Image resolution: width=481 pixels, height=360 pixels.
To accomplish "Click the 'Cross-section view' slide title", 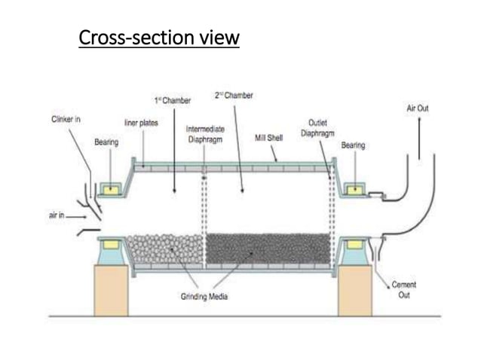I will (x=159, y=37).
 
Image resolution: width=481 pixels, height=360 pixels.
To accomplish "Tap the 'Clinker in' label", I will (x=66, y=120).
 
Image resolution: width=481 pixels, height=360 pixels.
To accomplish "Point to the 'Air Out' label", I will (x=417, y=108).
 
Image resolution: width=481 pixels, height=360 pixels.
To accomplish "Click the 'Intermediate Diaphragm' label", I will (x=204, y=134).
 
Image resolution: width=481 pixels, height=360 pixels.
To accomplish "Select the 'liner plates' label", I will (x=141, y=122).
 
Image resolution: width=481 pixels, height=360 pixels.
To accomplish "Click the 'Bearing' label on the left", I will (x=106, y=142).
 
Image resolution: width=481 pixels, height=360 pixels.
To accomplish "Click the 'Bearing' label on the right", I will (x=353, y=143).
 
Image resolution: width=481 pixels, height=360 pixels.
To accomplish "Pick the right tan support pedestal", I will (x=355, y=290).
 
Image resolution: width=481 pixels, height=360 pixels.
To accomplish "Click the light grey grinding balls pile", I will (x=164, y=249).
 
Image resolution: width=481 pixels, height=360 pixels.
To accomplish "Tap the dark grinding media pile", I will (x=268, y=249).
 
